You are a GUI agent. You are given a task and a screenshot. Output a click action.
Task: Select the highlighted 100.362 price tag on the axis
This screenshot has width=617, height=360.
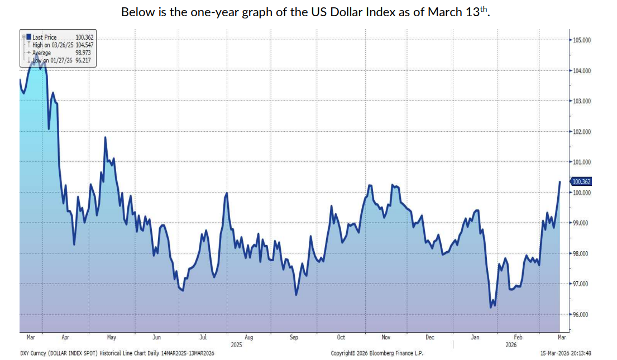pos(581,181)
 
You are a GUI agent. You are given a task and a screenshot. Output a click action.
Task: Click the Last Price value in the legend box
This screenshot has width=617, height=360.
pos(83,37)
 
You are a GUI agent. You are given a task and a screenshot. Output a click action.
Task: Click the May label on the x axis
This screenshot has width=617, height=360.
pos(111,338)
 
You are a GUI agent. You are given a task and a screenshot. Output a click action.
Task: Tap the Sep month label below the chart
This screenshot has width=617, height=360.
pos(294,338)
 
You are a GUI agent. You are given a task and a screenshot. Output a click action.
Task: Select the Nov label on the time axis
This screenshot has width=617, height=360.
pos(386,338)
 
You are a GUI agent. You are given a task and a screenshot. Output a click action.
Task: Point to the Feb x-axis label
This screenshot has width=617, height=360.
pos(518,338)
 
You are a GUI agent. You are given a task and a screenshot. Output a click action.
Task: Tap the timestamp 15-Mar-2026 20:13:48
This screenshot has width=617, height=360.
pos(565,353)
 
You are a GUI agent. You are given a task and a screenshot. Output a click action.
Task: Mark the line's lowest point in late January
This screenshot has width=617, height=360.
pos(491,307)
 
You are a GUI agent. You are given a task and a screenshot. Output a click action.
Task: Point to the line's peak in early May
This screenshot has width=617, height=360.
pos(105,137)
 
